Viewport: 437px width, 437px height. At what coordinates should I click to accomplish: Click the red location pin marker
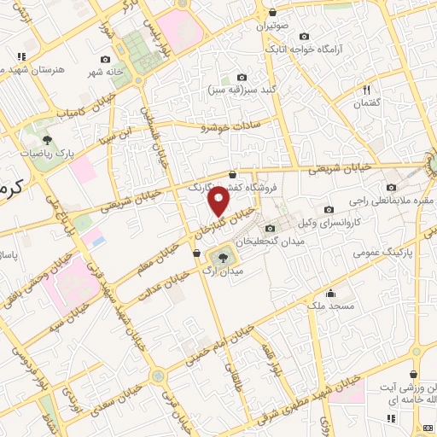click(219, 201)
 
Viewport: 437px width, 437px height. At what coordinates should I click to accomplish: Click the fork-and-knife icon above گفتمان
click(367, 89)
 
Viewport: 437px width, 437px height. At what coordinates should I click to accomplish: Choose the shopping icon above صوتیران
click(271, 13)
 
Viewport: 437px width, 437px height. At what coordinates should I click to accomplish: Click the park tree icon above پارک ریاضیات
click(48, 140)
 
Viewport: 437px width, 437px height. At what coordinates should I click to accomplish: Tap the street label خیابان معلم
click(156, 258)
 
